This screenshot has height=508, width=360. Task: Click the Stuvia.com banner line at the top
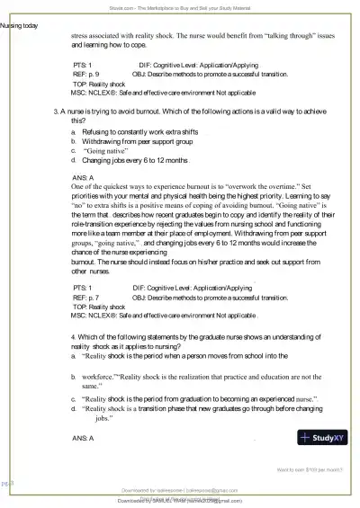point(180,4)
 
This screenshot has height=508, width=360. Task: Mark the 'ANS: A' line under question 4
point(82,436)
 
